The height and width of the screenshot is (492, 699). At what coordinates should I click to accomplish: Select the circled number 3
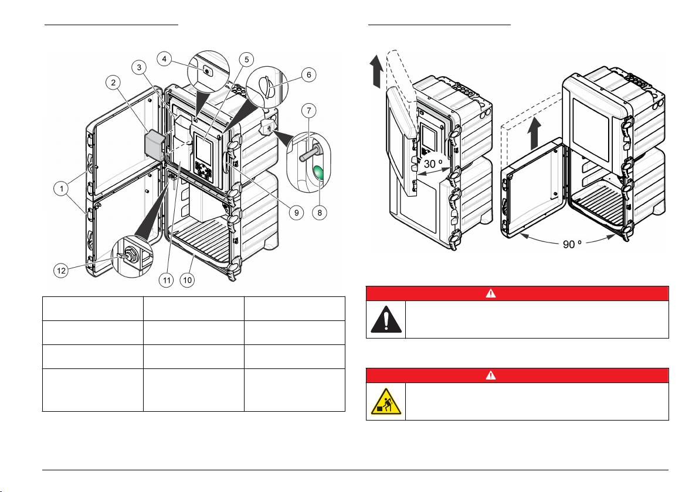(x=139, y=68)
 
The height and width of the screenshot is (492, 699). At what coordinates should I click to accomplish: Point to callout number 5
(x=247, y=59)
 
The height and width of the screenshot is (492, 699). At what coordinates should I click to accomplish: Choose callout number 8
(x=320, y=214)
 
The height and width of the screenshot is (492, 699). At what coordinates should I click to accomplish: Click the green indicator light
(x=320, y=173)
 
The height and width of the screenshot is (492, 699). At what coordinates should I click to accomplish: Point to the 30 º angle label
(x=434, y=165)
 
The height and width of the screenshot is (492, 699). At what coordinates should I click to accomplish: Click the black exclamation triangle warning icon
(x=386, y=319)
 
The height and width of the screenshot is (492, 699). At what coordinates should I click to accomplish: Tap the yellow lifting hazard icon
(x=386, y=401)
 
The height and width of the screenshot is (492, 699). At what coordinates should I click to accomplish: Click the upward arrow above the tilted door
(x=376, y=69)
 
